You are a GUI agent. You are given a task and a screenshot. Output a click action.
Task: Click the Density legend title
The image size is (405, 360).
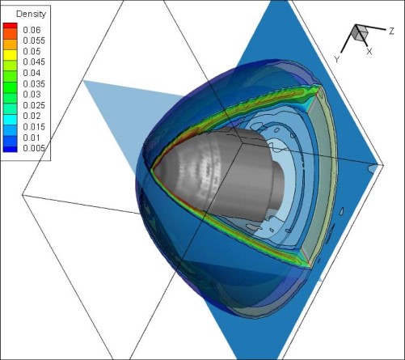coord(31,14)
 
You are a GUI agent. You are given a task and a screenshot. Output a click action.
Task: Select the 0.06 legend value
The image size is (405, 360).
coord(32,30)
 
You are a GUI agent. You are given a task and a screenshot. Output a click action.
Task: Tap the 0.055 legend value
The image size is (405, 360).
coord(34,40)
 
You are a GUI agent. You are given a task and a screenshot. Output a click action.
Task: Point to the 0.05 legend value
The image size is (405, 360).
coord(32,51)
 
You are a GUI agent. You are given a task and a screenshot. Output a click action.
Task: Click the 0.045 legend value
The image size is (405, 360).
coord(34,62)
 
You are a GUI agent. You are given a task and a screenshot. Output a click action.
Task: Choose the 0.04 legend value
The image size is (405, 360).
coord(32,73)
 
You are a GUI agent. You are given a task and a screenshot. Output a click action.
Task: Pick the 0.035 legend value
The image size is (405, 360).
coord(34,83)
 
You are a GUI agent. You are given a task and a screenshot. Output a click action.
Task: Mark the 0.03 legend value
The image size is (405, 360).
coord(32,95)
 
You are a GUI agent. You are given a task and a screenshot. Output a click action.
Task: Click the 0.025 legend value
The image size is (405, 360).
coord(34,105)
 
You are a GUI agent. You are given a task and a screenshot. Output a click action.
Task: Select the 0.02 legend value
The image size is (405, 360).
coord(32,116)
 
